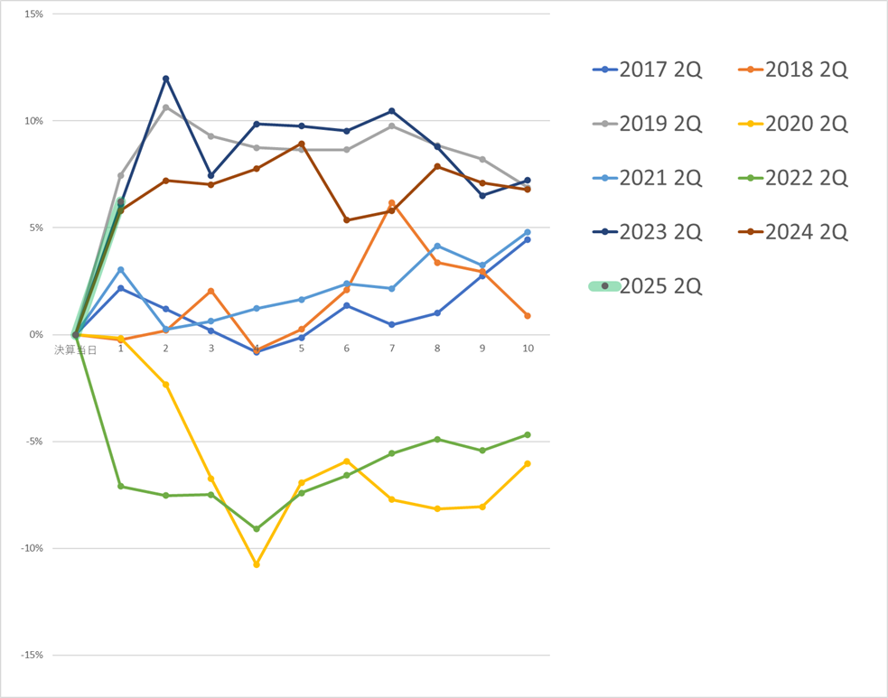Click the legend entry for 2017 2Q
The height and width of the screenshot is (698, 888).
point(645,70)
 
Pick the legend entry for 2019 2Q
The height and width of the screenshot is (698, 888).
point(645,124)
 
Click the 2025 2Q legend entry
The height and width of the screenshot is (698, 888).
point(645,286)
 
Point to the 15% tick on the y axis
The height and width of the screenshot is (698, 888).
point(35,14)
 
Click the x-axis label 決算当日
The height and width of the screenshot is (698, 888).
point(75,349)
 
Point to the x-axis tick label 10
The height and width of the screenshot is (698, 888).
point(528,349)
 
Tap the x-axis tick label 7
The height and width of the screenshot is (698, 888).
point(392,349)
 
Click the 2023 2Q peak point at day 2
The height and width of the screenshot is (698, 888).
point(165,79)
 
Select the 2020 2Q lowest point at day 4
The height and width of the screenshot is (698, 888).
point(257,564)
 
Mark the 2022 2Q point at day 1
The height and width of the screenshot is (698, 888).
point(120,487)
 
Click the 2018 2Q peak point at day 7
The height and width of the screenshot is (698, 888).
point(391,203)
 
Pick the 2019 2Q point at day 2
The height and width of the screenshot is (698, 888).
point(165,107)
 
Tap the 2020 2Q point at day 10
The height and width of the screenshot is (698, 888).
point(528,464)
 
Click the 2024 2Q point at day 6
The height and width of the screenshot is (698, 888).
point(347,219)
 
